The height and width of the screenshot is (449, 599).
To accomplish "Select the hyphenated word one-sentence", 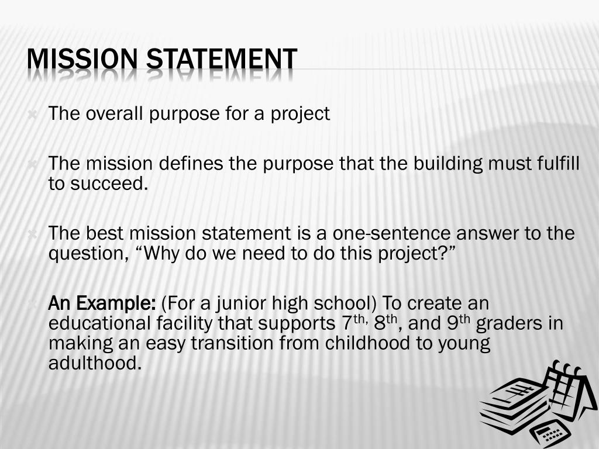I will tap(392, 234).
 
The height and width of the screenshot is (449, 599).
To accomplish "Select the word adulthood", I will tap(95, 363).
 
